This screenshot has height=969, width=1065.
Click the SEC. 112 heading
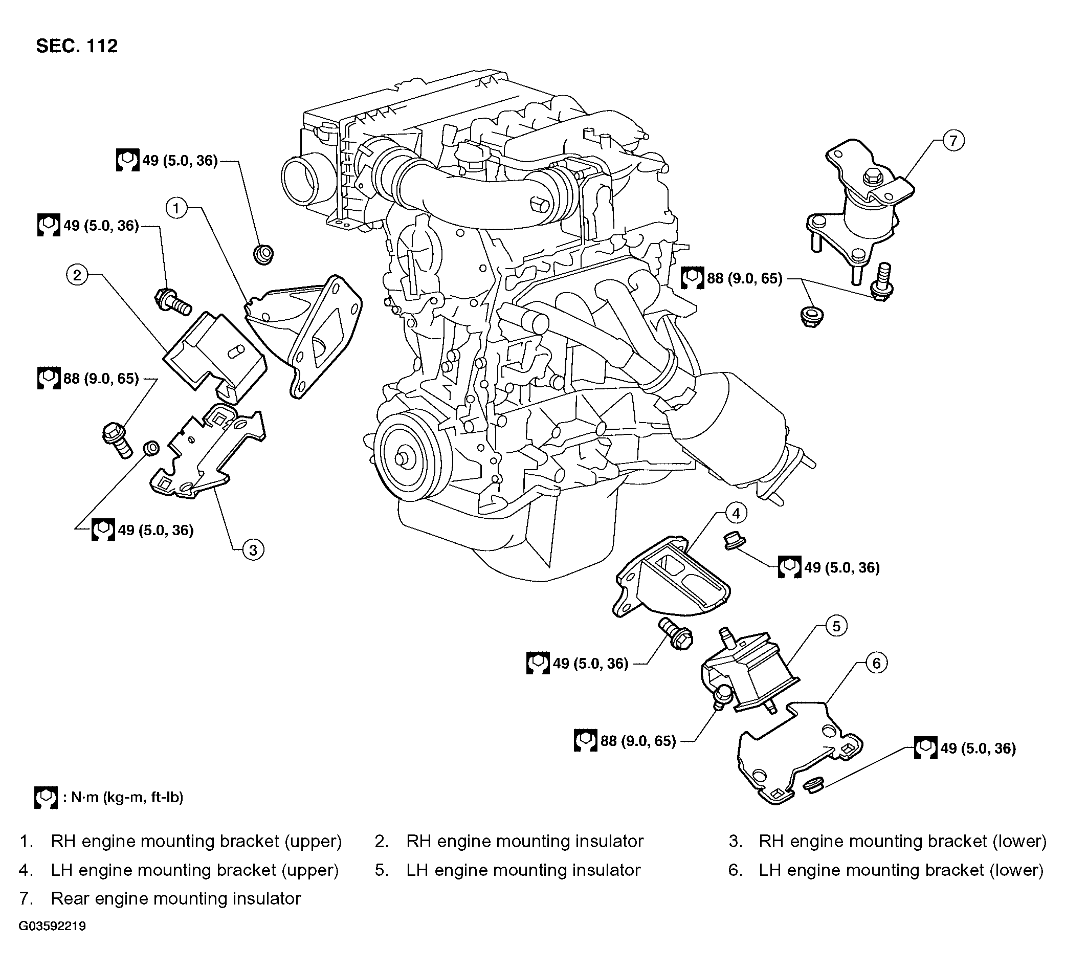77,46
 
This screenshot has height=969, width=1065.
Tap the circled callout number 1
176,208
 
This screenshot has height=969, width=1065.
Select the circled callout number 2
77,275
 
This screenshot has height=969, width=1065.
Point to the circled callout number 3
253,550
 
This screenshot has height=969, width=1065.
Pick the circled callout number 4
736,513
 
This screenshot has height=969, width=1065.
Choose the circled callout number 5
836,626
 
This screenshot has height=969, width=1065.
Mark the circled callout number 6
876,663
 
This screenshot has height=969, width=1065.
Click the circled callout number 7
953,141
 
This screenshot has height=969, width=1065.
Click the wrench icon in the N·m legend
46,797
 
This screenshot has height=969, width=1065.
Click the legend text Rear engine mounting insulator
176,898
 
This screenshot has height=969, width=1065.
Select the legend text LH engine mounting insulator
523,870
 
